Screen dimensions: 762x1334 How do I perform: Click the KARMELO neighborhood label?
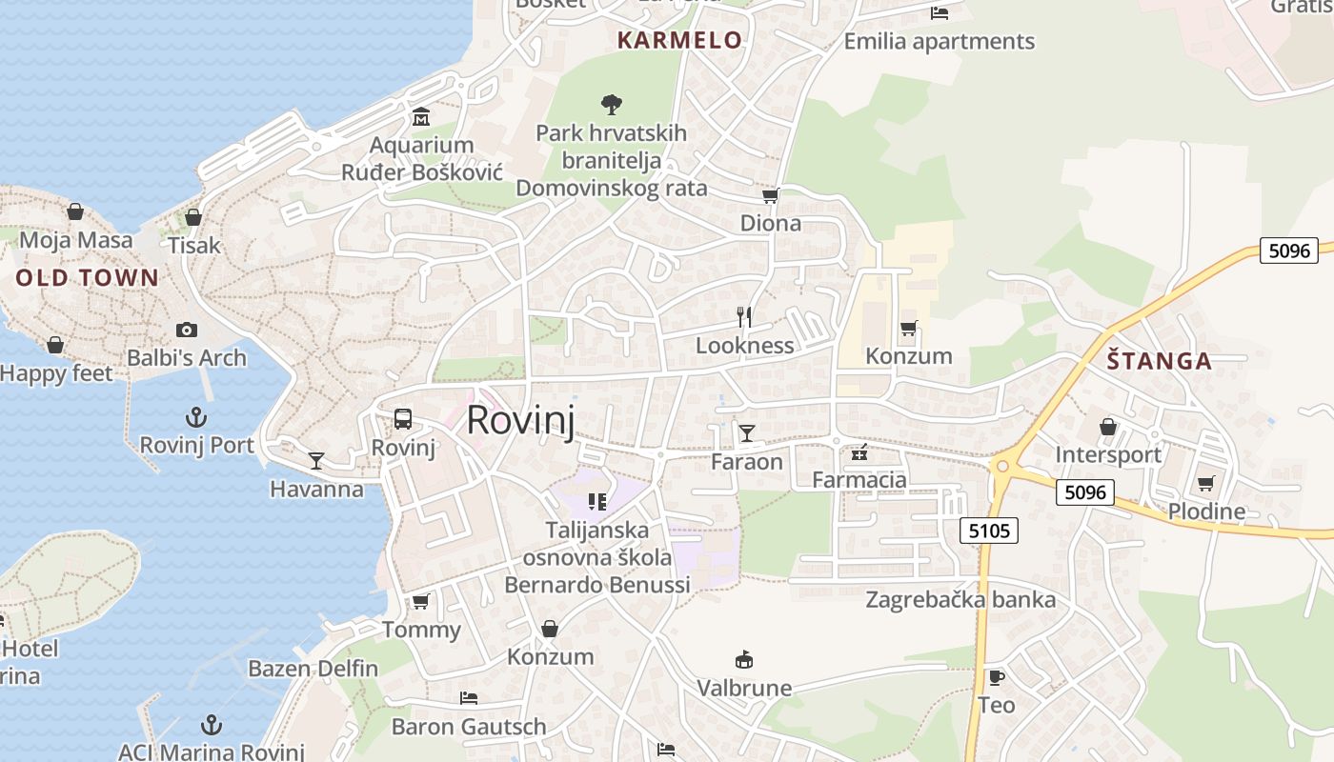679,40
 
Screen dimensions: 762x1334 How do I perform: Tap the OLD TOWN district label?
87,278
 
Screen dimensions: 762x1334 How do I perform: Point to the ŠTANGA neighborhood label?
1159,361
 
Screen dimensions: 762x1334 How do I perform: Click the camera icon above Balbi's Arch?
187,331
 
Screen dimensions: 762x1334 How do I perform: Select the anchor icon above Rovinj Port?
195,417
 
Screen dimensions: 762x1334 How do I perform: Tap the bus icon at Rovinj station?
403,419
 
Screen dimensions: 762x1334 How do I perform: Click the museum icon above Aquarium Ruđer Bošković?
421,117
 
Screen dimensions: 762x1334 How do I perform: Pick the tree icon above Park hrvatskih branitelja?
612,104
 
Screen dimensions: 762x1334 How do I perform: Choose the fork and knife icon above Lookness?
744,316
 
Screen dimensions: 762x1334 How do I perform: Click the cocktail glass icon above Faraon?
747,433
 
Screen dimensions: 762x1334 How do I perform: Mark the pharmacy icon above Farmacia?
859,451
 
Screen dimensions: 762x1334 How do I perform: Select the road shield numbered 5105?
989,531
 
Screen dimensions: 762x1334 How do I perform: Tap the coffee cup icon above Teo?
996,677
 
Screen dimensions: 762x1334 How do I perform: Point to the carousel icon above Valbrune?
744,659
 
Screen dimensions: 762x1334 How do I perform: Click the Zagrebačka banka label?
960,600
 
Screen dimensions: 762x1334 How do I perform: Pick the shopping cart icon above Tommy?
420,601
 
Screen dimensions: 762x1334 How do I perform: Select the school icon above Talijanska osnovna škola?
597,501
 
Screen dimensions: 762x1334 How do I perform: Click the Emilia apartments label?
939,42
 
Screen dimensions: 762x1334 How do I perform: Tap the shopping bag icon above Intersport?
1108,427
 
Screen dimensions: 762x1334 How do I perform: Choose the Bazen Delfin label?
313,669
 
